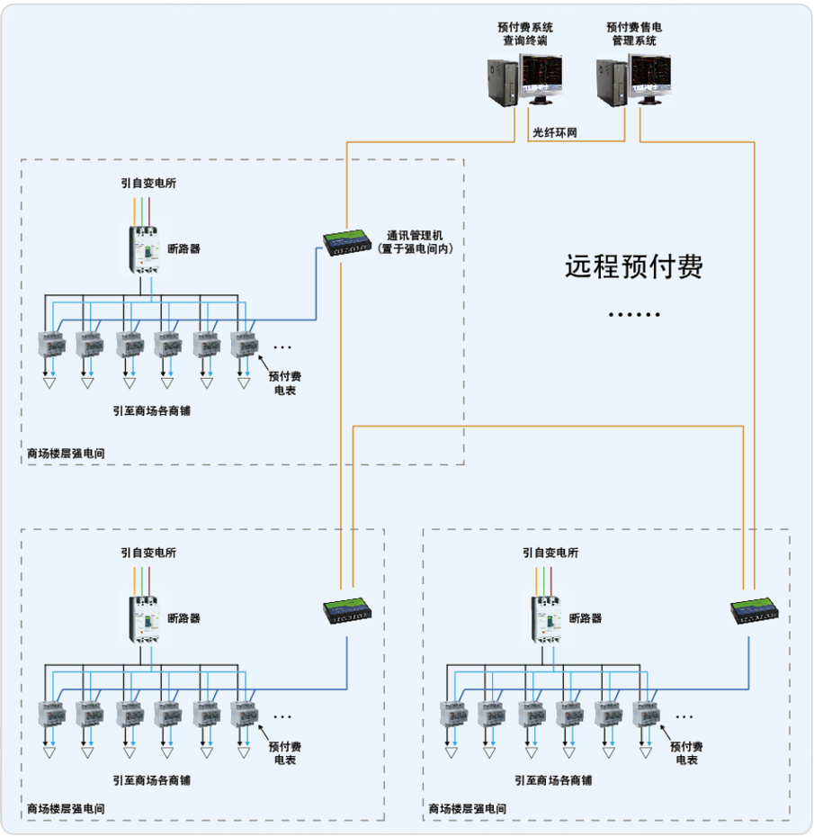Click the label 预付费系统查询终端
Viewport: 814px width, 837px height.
(x=524, y=34)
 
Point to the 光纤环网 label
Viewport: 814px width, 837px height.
(x=555, y=132)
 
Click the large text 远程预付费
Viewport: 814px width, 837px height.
(x=633, y=266)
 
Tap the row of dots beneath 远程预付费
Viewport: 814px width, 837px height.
(x=634, y=315)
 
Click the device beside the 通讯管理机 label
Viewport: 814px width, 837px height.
(x=348, y=242)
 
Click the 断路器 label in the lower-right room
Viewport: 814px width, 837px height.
(x=586, y=619)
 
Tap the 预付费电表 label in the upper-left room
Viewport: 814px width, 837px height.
(x=285, y=383)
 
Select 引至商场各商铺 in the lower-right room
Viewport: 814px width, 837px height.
(x=554, y=780)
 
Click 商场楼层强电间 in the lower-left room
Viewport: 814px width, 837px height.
(x=66, y=809)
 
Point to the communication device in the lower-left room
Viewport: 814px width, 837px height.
(x=349, y=611)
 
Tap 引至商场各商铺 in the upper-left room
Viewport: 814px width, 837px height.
(x=152, y=410)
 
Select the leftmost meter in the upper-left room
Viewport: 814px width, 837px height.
(x=49, y=346)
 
